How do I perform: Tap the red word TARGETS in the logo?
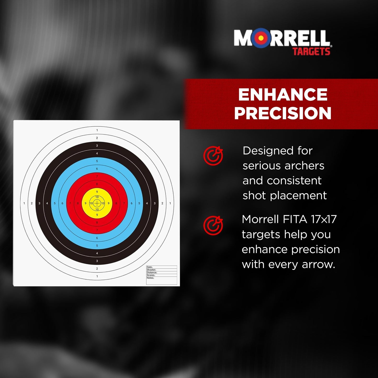tap(311, 52)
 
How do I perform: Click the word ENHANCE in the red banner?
tap(283, 94)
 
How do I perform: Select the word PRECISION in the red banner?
tap(283, 113)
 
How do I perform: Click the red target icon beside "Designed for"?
tap(213, 156)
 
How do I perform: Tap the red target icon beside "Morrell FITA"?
tap(213, 225)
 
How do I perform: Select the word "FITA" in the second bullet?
tap(295, 219)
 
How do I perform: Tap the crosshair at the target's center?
tap(97, 203)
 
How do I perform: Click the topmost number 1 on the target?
tap(97, 130)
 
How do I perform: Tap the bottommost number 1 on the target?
tap(97, 276)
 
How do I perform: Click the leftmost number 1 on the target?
tap(24, 203)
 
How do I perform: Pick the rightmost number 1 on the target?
tap(170, 203)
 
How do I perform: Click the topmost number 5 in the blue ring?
tap(97, 161)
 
